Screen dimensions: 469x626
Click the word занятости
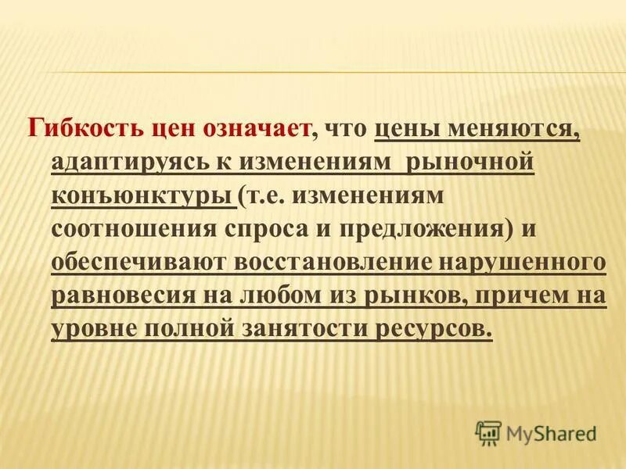point(311,328)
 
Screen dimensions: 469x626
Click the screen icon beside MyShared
point(488,431)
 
